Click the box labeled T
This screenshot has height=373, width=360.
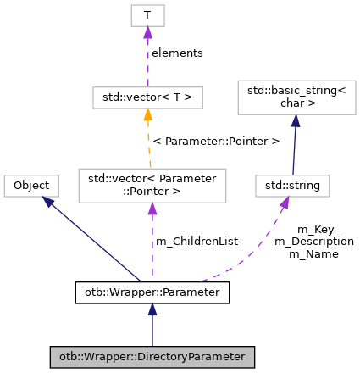147,15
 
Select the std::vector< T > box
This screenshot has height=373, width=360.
147,97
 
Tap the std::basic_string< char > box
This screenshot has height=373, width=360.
296,97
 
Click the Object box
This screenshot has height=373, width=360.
31,185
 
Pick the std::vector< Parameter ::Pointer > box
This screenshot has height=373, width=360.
152,185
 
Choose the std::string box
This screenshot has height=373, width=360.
292,185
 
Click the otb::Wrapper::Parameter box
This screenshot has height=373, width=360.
152,293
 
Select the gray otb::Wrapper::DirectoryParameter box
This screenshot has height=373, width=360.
152,358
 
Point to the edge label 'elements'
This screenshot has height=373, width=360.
177,53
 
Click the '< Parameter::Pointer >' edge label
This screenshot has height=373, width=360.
216,141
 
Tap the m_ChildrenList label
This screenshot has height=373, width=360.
196,242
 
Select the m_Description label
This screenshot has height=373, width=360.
313,242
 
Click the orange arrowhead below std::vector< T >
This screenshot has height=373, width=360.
147,115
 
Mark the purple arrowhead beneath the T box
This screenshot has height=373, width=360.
147,33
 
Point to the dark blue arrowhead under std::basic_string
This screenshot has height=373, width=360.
296,121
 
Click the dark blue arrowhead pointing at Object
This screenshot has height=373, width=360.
49,202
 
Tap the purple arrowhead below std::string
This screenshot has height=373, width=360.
285,203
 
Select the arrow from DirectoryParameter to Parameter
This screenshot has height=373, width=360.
152,326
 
